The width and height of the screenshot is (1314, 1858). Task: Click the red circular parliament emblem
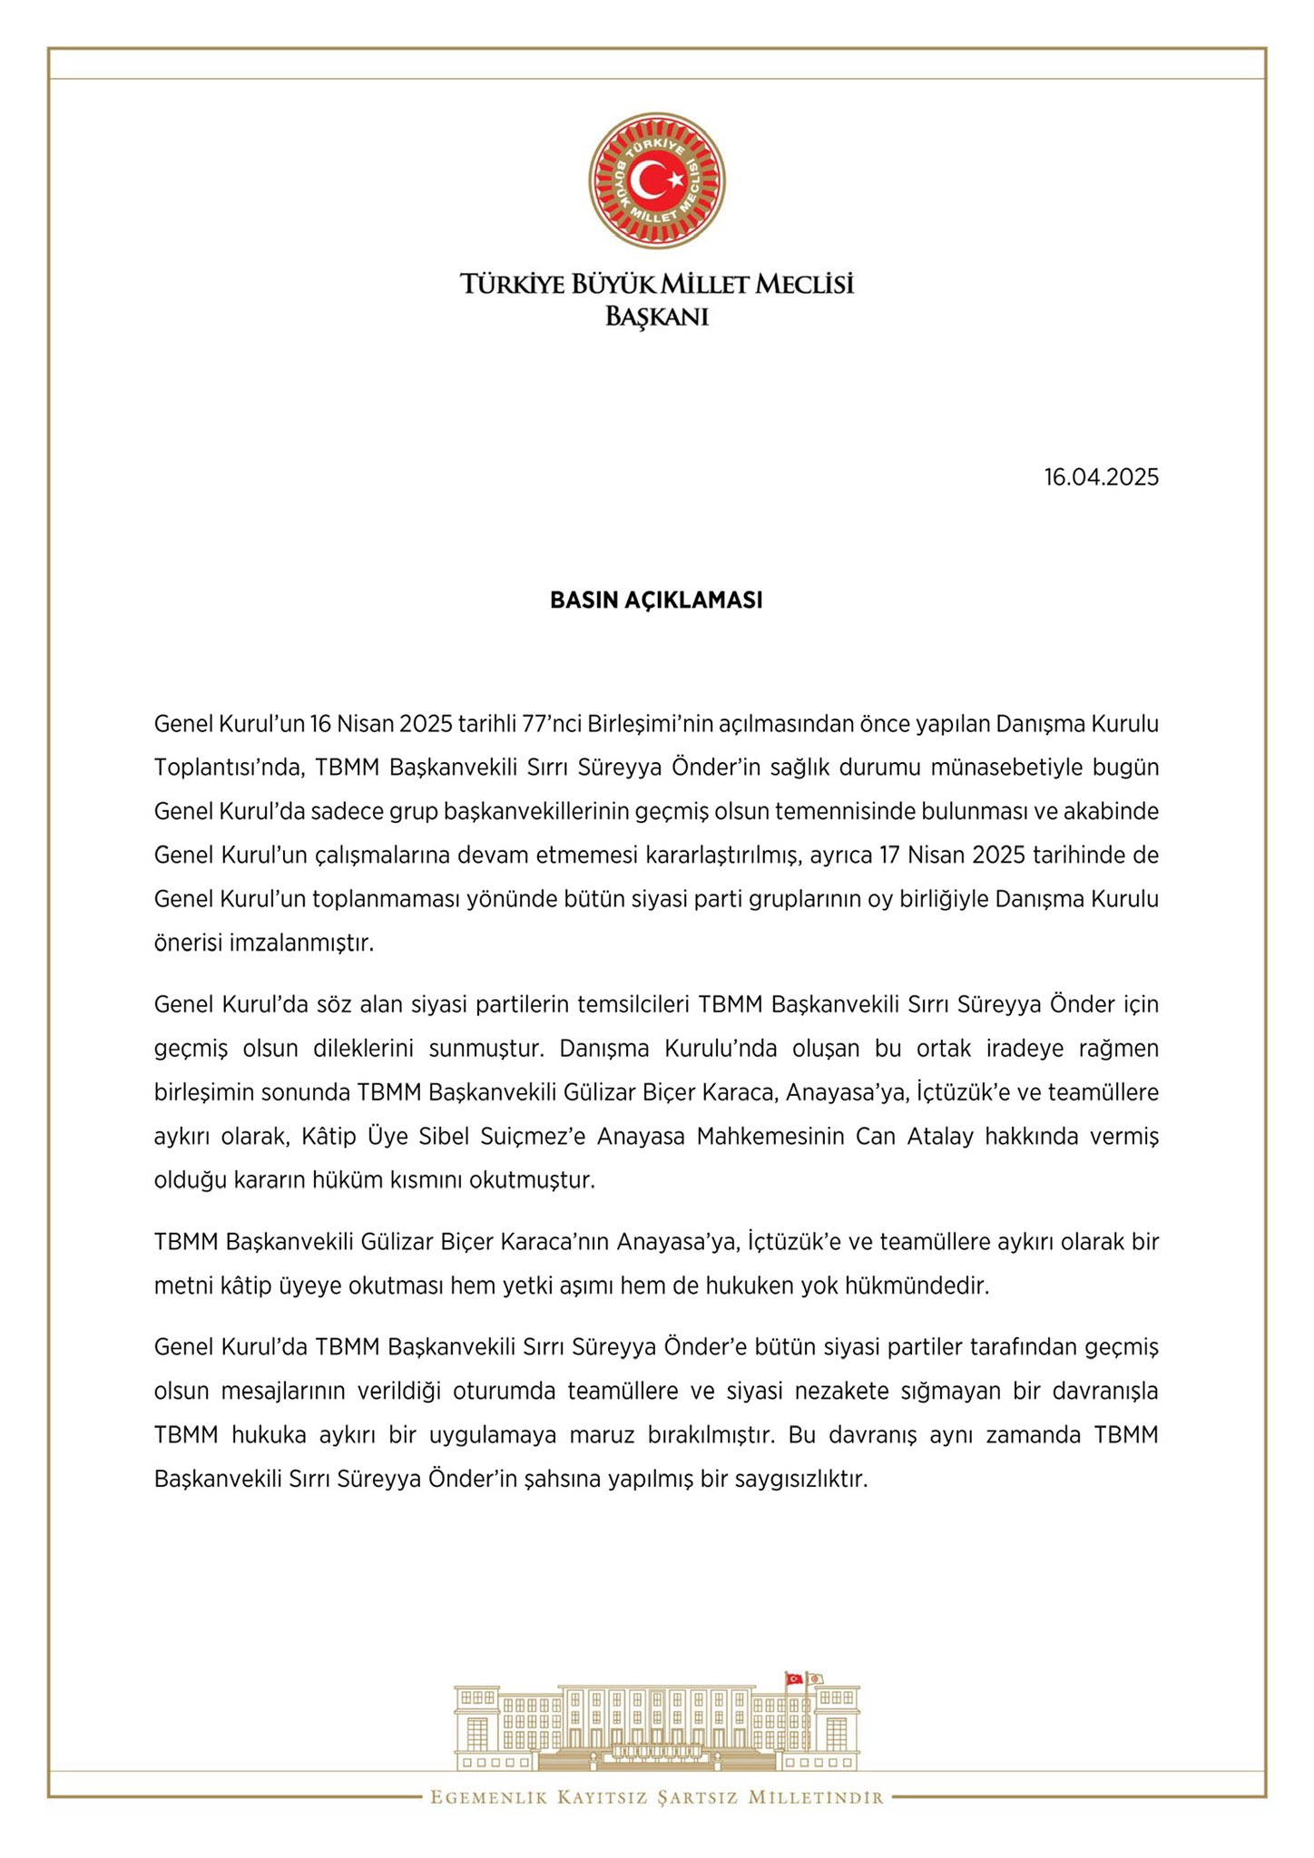pos(656,181)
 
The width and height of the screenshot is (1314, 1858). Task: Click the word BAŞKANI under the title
pos(656,318)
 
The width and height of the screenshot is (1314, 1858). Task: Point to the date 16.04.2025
pos(1101,477)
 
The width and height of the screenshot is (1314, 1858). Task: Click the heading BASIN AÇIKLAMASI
pos(656,601)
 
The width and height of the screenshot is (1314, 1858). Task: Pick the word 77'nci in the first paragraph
pos(553,724)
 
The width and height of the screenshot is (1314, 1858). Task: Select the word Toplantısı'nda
pos(218,768)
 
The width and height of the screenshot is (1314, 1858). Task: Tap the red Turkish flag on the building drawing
pos(795,1678)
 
